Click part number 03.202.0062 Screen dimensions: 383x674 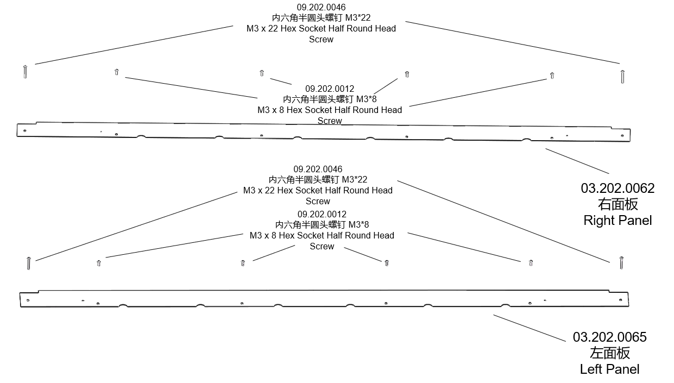[x=618, y=189]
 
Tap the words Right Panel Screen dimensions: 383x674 [x=618, y=221]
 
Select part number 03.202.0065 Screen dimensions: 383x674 [x=609, y=337]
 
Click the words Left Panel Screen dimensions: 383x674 [x=609, y=369]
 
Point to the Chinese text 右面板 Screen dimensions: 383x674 [x=618, y=205]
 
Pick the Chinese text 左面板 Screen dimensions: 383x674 [x=609, y=353]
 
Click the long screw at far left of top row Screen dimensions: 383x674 [x=26, y=71]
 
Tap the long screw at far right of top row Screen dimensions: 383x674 [x=622, y=76]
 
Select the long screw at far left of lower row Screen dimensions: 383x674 [x=28, y=263]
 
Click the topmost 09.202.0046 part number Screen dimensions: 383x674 [x=321, y=7]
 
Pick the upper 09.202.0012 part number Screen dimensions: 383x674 [x=330, y=89]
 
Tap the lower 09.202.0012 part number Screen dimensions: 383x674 [x=322, y=214]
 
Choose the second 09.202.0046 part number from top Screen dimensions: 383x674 [x=318, y=169]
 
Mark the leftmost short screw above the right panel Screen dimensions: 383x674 [x=117, y=72]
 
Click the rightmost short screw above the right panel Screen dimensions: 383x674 [x=552, y=76]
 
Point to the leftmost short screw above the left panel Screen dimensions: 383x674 [x=99, y=263]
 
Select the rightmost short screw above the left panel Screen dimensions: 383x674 [x=531, y=263]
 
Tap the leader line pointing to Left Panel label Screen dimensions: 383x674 [x=529, y=328]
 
